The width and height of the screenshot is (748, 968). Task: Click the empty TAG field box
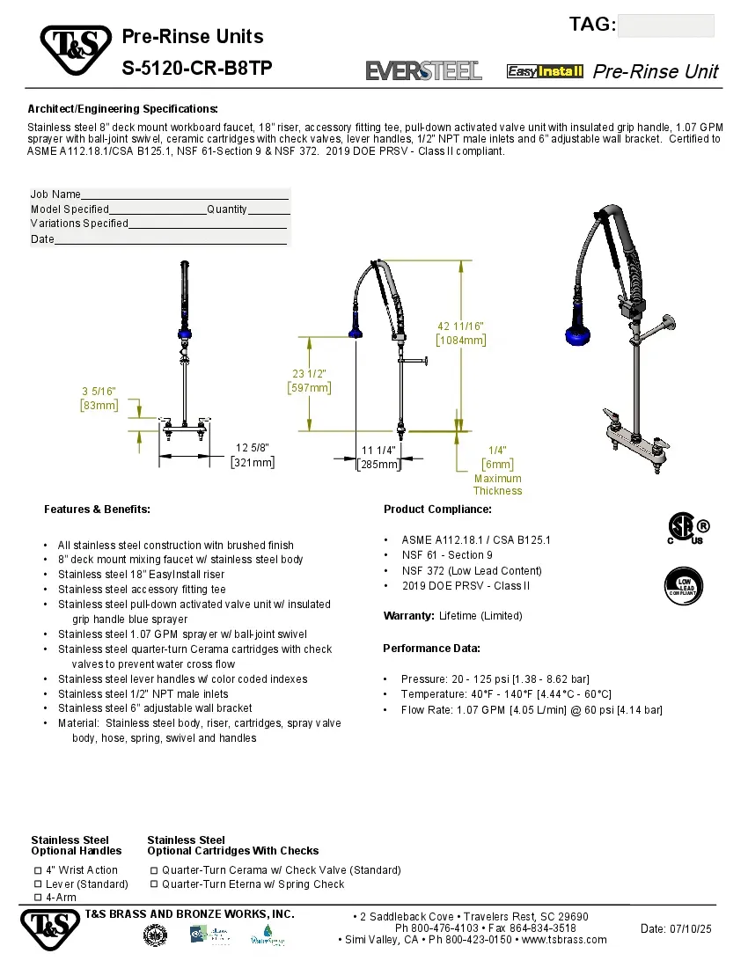tap(665, 26)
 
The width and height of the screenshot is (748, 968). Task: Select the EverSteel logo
tap(423, 70)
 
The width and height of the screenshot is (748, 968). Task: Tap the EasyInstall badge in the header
tap(545, 71)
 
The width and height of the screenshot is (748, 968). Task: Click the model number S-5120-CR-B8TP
tap(191, 68)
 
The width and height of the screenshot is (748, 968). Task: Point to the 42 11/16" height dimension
tap(460, 326)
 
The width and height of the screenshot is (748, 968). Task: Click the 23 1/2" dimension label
tap(310, 373)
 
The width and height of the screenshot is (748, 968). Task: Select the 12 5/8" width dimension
tap(253, 448)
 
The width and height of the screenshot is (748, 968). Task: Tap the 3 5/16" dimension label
tap(99, 391)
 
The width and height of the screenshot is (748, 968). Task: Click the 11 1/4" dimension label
tap(379, 450)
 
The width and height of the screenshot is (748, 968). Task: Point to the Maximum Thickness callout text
tap(497, 485)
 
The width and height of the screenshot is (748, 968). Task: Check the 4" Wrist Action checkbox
tap(38, 869)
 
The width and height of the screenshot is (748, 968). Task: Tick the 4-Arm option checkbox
tap(38, 897)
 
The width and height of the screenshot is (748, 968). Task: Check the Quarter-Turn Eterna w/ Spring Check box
tap(154, 884)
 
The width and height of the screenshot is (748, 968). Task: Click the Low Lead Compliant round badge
tap(683, 585)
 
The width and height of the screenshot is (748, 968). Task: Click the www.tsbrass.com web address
tap(564, 939)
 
